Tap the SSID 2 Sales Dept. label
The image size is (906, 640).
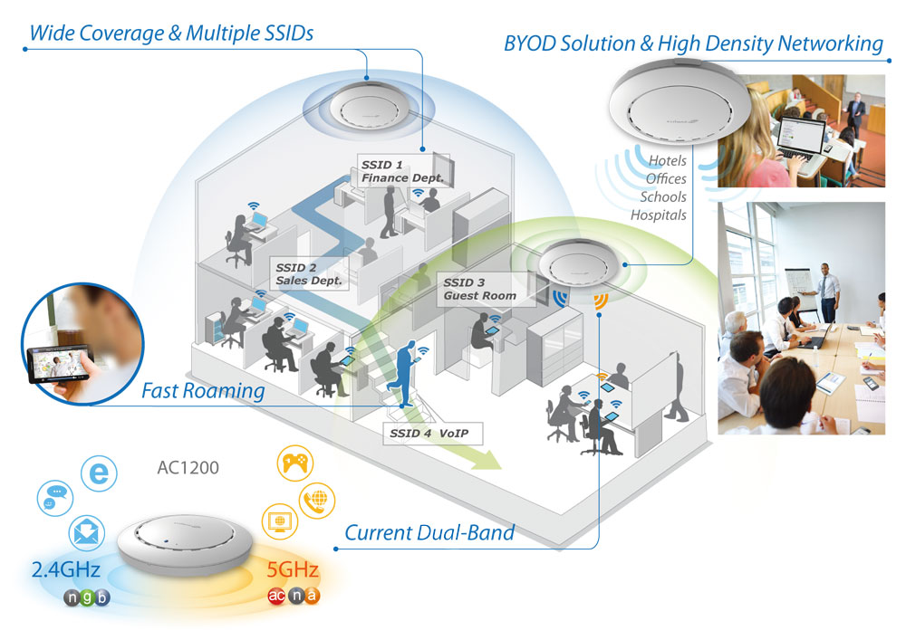click(x=309, y=274)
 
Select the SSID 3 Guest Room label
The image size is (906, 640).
click(x=479, y=289)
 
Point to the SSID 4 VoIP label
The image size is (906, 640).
click(x=430, y=433)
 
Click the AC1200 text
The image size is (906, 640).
click(x=188, y=469)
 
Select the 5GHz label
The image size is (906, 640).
click(x=292, y=571)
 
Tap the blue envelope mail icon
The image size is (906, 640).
click(x=87, y=532)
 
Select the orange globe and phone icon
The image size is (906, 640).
click(x=317, y=499)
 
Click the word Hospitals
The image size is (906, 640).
click(x=659, y=215)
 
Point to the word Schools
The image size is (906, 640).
click(x=663, y=196)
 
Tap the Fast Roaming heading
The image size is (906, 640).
click(x=203, y=391)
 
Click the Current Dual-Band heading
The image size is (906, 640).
click(x=429, y=532)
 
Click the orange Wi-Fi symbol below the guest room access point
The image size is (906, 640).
click(x=599, y=301)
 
